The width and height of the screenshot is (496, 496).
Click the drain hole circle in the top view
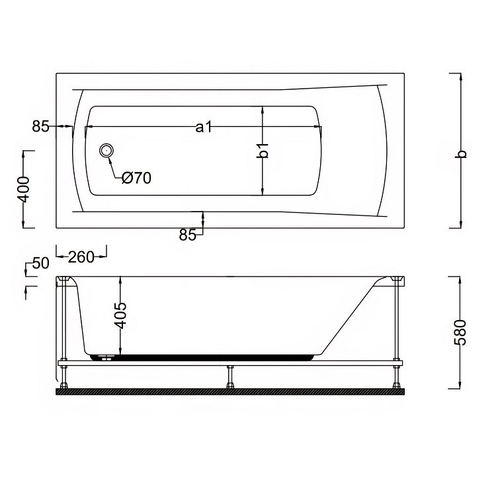pos(106,150)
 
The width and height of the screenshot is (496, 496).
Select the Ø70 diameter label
pos(137,179)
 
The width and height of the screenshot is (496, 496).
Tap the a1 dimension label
pos(204,127)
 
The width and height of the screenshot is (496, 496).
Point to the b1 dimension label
pos(263,150)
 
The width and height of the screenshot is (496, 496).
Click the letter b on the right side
pos(462,153)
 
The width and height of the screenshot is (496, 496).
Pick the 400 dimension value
pos(24,190)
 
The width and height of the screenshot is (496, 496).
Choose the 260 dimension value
pos(81,257)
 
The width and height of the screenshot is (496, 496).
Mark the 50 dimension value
pos(41,263)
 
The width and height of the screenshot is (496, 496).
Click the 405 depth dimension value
pos(120,315)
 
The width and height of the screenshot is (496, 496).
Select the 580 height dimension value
pos(460,333)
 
